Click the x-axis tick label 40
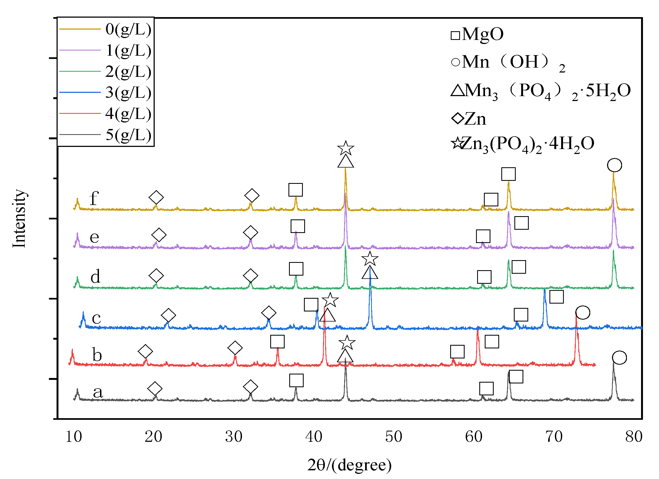point(313,437)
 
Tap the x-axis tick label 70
point(554,437)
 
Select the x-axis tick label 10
point(73,437)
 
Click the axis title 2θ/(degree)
point(349,465)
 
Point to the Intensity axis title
point(20,218)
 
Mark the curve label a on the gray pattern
point(98,392)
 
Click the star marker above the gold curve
point(346,148)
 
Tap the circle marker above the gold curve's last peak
point(614,165)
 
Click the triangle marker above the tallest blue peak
point(370,273)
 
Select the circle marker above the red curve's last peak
point(583,313)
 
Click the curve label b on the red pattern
point(97,355)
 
